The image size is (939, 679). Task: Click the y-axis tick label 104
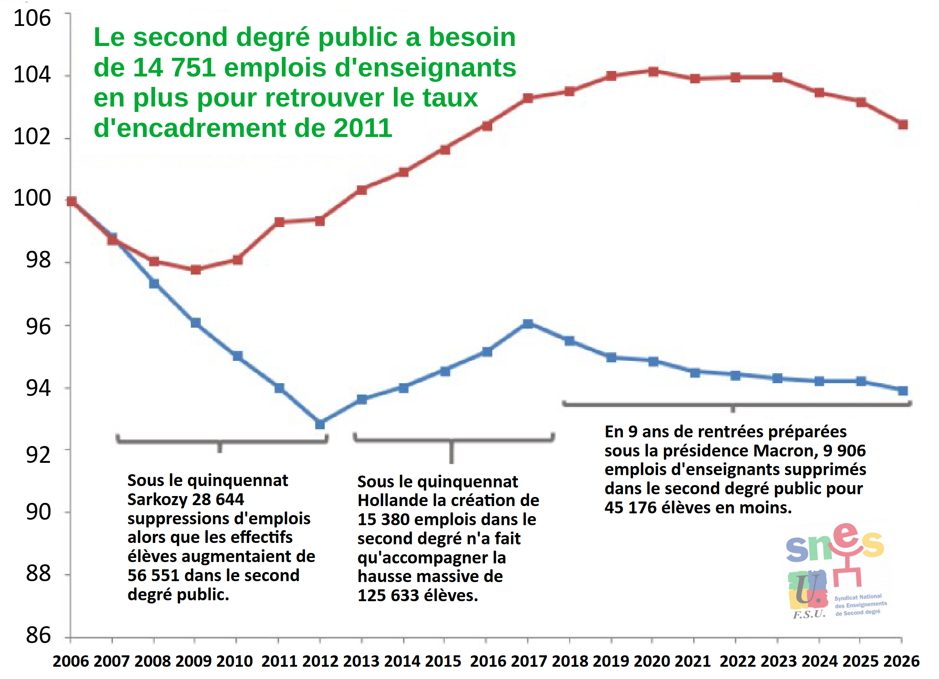click(32, 75)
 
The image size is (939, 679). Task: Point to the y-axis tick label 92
click(38, 455)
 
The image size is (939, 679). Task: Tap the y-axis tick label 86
click(38, 635)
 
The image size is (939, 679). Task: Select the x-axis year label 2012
click(320, 661)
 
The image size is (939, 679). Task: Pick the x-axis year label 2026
click(901, 661)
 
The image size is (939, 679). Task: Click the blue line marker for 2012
click(320, 424)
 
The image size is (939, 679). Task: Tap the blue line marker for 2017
click(528, 324)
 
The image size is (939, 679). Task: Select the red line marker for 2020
click(653, 71)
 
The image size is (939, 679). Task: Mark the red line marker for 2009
click(196, 270)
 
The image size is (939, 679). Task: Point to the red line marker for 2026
click(903, 125)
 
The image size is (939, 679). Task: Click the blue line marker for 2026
click(903, 390)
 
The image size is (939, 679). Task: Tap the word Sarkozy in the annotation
click(157, 499)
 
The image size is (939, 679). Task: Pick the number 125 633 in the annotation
click(388, 595)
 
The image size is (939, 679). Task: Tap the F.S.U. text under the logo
click(809, 614)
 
